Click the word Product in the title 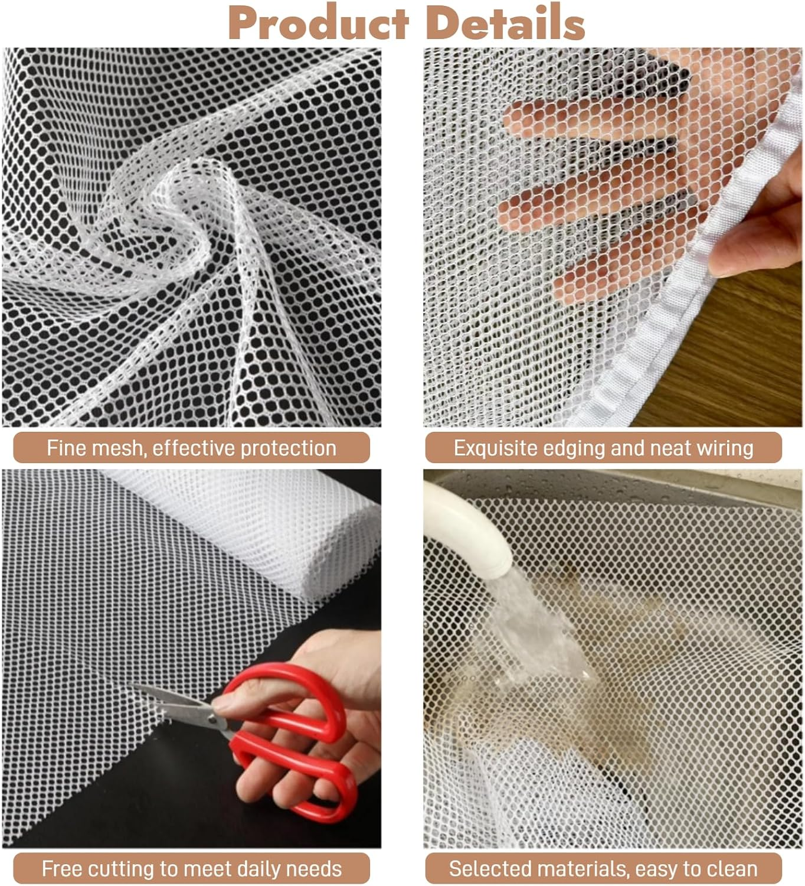(319, 24)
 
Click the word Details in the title (505, 24)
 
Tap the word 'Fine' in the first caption (62, 448)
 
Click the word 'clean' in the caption (732, 869)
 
